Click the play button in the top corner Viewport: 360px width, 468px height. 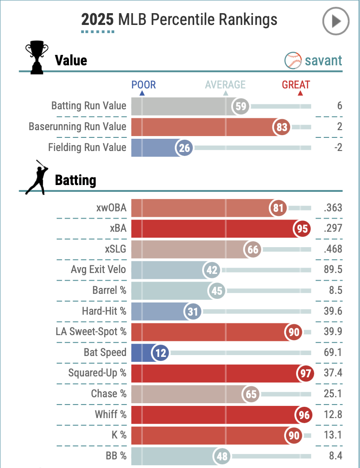[336, 21]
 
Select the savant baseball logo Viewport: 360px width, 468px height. [293, 60]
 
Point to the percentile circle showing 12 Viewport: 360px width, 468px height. [161, 352]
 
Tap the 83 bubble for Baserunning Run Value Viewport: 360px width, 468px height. [282, 127]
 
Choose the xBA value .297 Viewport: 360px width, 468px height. [333, 229]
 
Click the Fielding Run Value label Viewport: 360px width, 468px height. [87, 147]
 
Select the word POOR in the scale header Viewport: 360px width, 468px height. [143, 85]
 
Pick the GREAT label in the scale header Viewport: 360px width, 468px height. [296, 85]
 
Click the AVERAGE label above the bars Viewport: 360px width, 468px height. [225, 85]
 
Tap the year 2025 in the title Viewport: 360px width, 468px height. [97, 20]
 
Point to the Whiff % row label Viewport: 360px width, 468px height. [111, 414]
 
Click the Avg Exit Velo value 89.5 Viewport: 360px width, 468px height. [332, 270]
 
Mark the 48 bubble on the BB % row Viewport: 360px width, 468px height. [222, 456]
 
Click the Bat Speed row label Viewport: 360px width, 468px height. [105, 352]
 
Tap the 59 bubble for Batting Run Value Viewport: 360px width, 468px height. [240, 106]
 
